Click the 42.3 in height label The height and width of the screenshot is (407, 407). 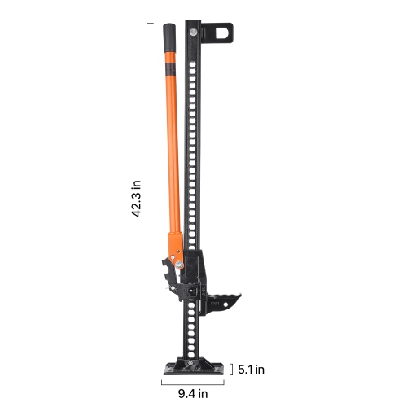click(x=138, y=198)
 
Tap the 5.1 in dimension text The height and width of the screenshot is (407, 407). click(x=252, y=370)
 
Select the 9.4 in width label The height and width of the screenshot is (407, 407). click(x=193, y=394)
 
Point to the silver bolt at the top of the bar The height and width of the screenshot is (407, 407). click(x=192, y=32)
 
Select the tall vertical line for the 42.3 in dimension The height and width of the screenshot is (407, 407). click(x=148, y=198)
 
